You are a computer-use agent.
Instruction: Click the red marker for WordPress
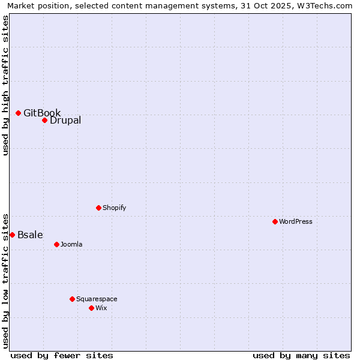click(x=275, y=221)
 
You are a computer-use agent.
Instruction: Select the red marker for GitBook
click(x=18, y=113)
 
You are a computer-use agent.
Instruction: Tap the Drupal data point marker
click(x=44, y=120)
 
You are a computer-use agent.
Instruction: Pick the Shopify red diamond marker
click(x=98, y=208)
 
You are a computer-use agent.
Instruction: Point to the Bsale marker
click(x=12, y=235)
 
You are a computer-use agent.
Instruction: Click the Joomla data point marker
click(x=56, y=244)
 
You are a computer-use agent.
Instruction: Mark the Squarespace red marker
click(x=72, y=299)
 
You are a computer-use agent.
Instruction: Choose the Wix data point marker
click(x=91, y=308)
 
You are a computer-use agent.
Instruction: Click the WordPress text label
click(x=296, y=221)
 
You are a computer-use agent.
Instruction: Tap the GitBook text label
click(x=42, y=113)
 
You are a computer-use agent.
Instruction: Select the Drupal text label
click(x=65, y=120)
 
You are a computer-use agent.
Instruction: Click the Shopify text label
click(x=115, y=208)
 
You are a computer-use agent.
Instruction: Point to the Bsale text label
click(x=30, y=235)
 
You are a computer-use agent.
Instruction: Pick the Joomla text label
click(x=71, y=244)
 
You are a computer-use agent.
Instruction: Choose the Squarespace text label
click(x=97, y=299)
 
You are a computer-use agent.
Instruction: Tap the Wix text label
click(x=101, y=308)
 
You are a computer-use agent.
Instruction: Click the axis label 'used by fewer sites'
click(x=62, y=355)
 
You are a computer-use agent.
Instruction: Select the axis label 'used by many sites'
click(x=301, y=355)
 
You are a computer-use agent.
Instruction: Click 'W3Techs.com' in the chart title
click(x=327, y=5)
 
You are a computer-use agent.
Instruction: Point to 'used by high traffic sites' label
click(x=5, y=86)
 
